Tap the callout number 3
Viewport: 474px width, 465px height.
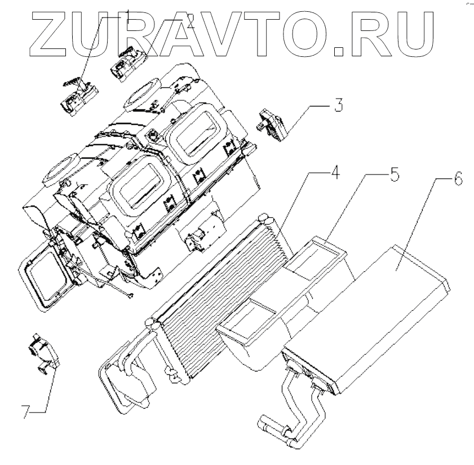338,106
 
